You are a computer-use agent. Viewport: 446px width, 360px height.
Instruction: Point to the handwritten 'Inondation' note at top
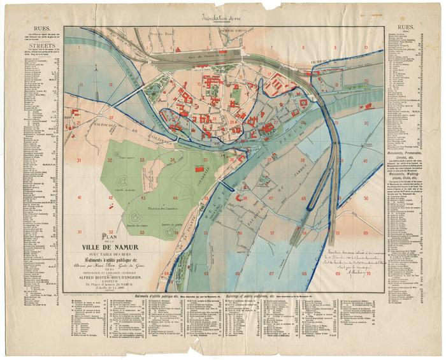222,18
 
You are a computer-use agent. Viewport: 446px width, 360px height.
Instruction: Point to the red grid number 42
110,198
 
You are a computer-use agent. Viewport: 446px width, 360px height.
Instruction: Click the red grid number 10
366,47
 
